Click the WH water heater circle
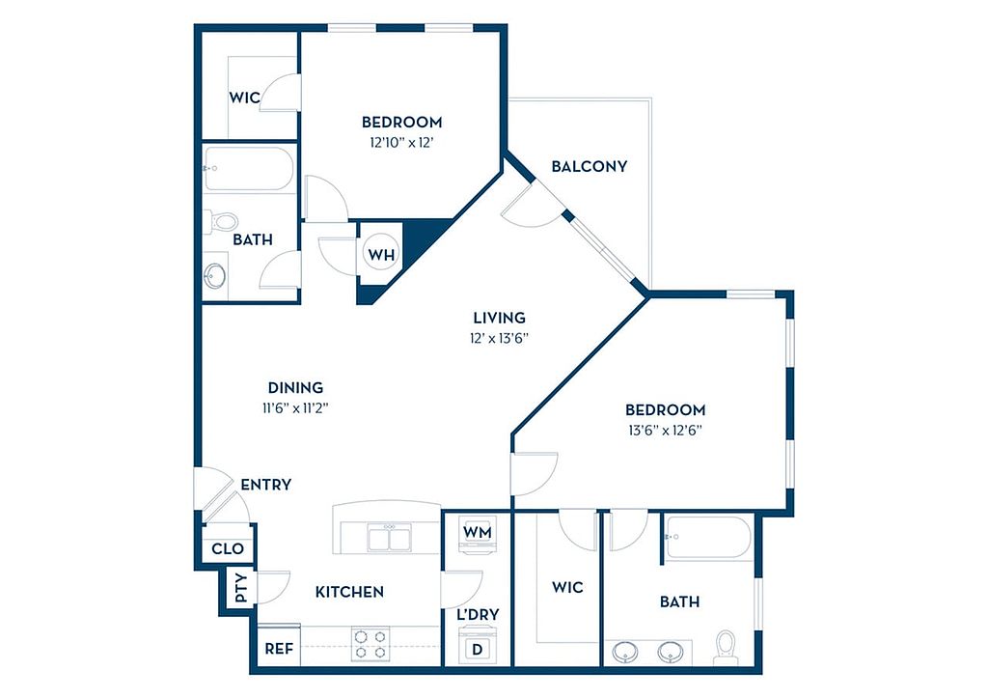381,254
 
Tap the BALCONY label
590,166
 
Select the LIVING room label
499,318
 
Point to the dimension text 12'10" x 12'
402,143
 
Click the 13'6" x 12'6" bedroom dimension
666,431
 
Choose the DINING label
295,387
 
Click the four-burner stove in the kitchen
370,645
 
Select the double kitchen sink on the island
390,539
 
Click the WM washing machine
477,533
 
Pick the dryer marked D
477,647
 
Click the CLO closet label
228,548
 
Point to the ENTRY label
266,485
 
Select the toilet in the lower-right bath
726,647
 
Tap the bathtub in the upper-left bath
248,168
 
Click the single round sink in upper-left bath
215,276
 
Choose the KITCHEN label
349,592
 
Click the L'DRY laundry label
478,614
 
